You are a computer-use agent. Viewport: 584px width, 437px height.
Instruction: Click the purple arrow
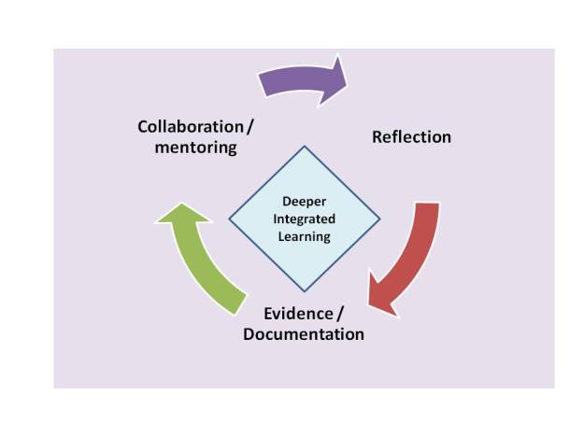[x=299, y=78]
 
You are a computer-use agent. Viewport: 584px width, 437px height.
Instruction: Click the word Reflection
[x=411, y=137]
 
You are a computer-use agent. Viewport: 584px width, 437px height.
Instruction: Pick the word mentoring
[x=194, y=148]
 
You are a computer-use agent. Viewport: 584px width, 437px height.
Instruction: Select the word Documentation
[x=304, y=333]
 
